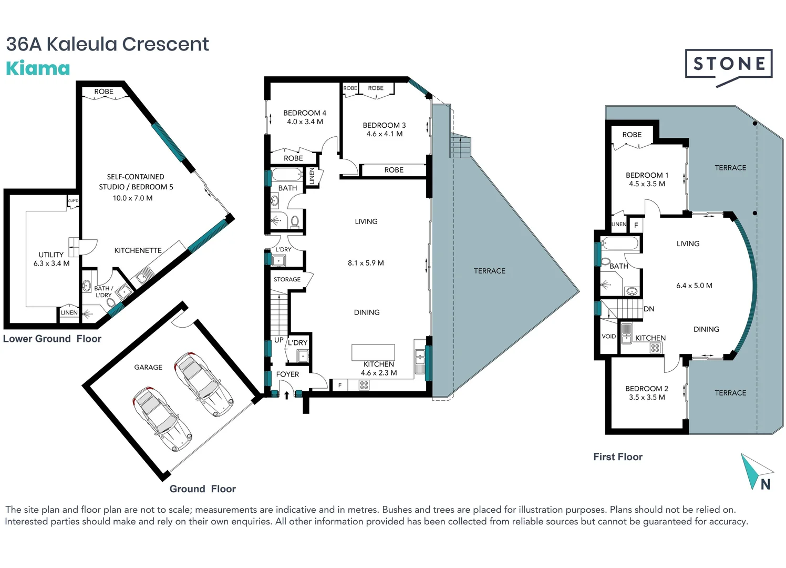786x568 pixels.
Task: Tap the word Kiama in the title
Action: coord(38,68)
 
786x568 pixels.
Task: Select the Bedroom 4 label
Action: coord(305,113)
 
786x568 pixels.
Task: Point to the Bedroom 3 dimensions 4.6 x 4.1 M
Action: coord(385,134)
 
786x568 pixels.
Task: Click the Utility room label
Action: coord(51,255)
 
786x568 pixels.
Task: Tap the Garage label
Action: coord(148,367)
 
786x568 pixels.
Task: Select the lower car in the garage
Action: coord(162,419)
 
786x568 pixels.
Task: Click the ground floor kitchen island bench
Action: coord(373,352)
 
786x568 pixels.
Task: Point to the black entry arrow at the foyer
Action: coord(286,395)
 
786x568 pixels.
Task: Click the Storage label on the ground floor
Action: coord(287,279)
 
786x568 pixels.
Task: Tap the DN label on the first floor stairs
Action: coord(649,309)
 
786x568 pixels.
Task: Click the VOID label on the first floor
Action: coord(608,337)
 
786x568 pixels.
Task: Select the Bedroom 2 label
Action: coord(647,389)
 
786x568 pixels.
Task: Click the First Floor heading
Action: coord(618,457)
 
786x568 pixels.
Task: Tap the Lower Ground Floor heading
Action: coord(52,339)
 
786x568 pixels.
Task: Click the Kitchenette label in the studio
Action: coord(138,250)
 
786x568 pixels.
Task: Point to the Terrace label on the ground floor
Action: coord(490,271)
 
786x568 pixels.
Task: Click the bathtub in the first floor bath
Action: coord(620,244)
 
